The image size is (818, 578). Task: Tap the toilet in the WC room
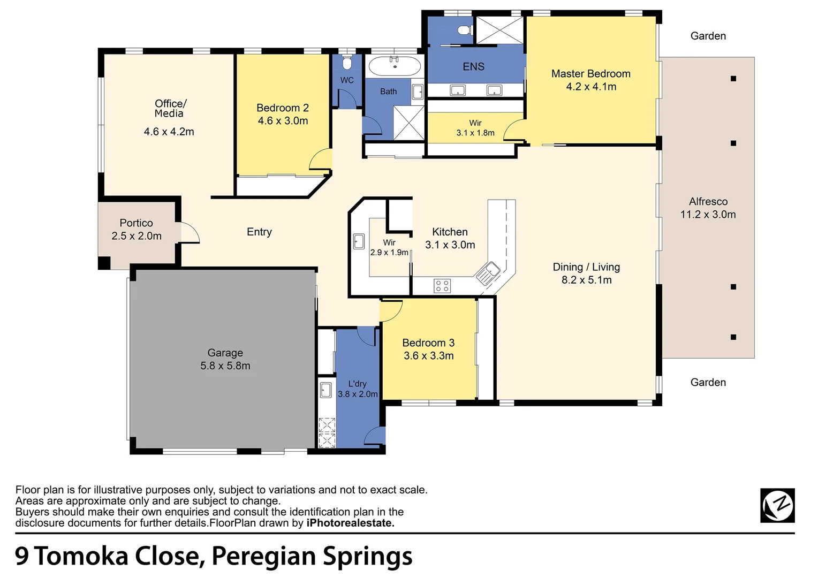click(346, 63)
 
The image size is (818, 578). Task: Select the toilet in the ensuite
click(464, 29)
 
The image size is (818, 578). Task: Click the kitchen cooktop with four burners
click(442, 286)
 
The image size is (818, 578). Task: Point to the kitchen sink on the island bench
click(488, 272)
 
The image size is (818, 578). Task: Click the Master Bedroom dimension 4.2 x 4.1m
click(591, 87)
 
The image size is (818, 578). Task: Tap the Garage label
click(225, 353)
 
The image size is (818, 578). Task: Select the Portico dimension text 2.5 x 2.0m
click(137, 236)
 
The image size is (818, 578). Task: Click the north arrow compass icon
click(777, 505)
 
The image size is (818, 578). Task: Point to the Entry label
click(259, 232)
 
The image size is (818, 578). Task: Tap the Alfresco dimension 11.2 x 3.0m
click(708, 215)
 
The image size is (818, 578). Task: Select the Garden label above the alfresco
click(708, 36)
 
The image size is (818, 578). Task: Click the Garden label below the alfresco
click(708, 382)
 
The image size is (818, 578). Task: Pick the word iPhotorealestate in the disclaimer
click(350, 523)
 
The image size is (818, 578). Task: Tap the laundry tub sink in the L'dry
click(325, 390)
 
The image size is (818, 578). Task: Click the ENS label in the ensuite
click(473, 66)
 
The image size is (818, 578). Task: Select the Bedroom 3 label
click(428, 343)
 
